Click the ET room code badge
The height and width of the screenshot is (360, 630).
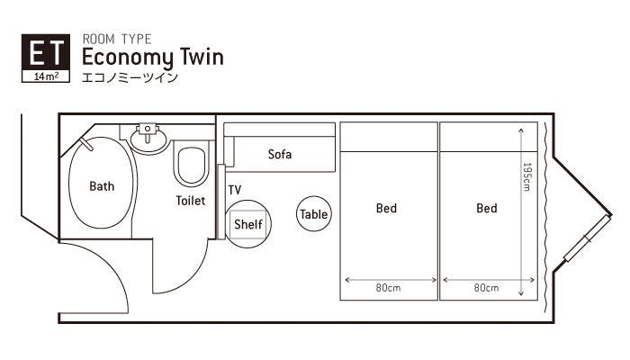[45, 58]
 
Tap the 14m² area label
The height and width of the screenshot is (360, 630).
[45, 76]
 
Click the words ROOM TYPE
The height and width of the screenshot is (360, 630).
[117, 39]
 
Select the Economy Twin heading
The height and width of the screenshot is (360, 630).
[153, 57]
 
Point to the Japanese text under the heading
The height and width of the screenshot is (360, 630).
[130, 77]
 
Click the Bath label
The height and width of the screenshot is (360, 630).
[102, 186]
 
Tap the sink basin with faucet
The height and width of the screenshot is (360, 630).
[148, 138]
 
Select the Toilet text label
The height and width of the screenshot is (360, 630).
[191, 201]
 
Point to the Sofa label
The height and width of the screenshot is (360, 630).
[280, 154]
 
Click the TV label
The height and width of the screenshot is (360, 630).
[235, 190]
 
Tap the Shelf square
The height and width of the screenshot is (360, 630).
[247, 224]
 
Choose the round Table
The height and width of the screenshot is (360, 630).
[314, 214]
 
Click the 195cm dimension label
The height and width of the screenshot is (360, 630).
[526, 176]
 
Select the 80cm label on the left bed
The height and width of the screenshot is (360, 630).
[388, 288]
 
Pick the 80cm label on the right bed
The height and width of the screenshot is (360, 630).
[486, 288]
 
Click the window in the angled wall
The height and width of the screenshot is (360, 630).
[588, 238]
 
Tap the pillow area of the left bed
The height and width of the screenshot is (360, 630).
[389, 137]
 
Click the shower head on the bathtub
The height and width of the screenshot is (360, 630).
[86, 144]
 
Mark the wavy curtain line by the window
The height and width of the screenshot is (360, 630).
[545, 217]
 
